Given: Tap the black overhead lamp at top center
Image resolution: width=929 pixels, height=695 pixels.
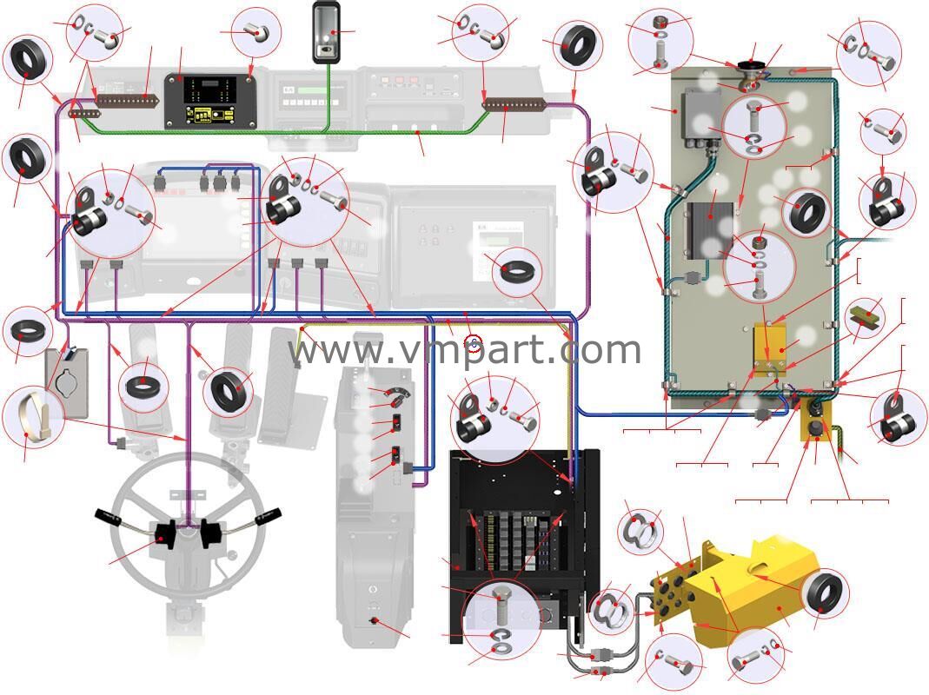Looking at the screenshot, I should pos(328,32).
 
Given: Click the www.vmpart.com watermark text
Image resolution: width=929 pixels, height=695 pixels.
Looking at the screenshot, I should pos(465,349).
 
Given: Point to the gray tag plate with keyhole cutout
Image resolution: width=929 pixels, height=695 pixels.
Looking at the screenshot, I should pos(67,381).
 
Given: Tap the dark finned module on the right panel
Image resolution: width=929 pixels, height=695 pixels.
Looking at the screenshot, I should pos(712,227).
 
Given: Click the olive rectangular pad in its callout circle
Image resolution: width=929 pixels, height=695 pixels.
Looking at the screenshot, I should pos(866,316).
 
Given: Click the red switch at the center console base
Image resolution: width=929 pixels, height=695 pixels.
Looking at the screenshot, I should pos(375,620).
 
